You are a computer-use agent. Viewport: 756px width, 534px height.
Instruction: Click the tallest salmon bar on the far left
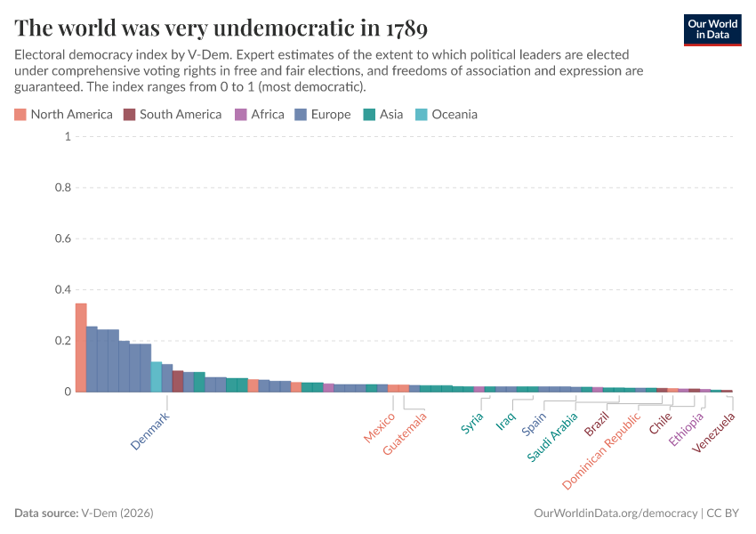(81, 347)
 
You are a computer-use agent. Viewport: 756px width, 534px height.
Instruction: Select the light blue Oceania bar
(156, 376)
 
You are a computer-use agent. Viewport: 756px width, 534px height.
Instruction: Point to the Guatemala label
(406, 433)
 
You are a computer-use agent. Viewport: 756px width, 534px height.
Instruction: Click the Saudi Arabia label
(552, 436)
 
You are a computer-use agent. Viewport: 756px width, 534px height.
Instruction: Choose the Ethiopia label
(688, 428)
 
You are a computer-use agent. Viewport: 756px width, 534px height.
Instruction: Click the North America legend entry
(63, 114)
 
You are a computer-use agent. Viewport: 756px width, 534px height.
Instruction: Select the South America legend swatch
(129, 114)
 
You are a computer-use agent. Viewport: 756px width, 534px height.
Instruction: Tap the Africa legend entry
(260, 114)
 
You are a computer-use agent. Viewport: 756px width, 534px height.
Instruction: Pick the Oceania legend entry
(446, 114)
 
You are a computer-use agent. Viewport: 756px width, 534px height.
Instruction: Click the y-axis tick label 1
(67, 137)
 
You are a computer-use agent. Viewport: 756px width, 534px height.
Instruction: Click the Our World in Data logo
(712, 29)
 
